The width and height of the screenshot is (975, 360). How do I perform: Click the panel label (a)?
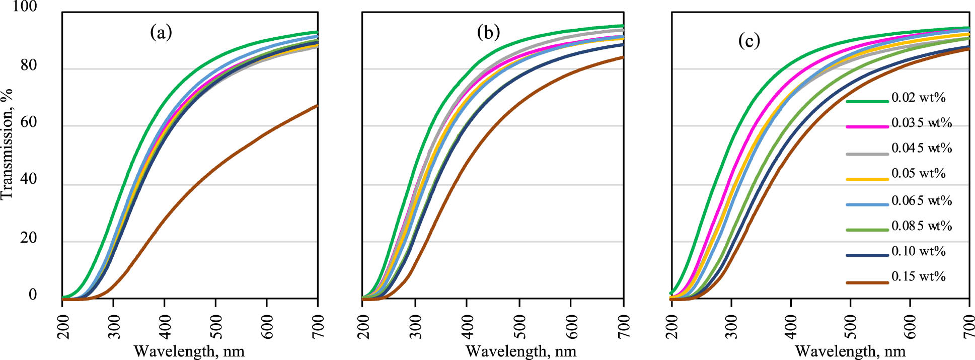pos(161,33)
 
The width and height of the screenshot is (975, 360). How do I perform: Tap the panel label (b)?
pos(488,33)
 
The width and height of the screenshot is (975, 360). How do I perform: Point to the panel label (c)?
pos(749,41)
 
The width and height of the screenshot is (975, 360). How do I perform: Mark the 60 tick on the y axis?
pos(29,123)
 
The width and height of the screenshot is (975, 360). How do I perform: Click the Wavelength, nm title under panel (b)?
pos(521,351)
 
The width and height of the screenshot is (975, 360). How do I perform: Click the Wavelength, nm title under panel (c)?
pos(850,351)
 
